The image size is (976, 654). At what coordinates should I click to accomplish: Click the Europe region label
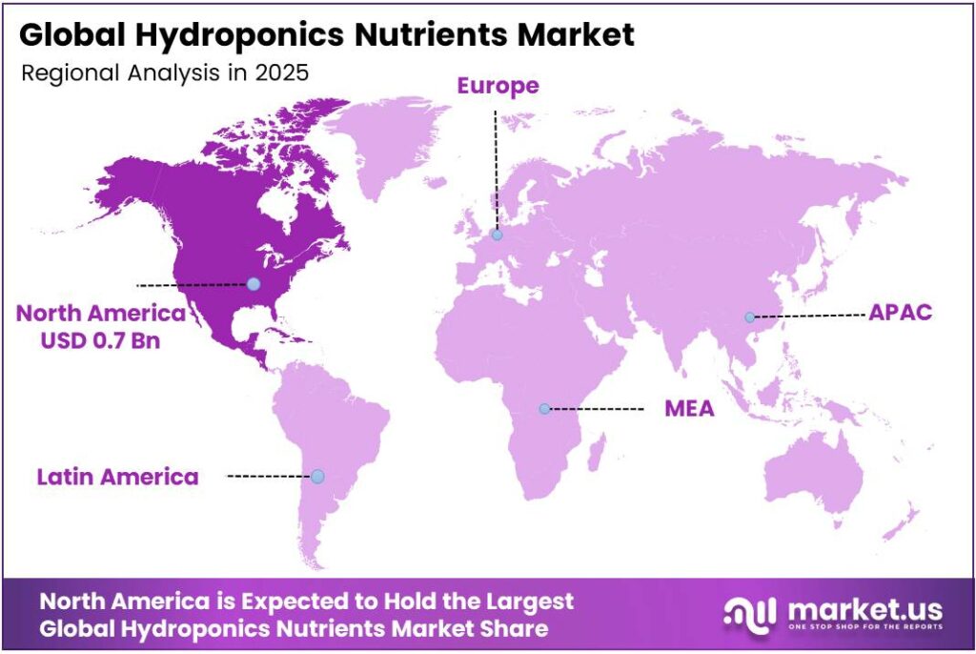point(498,86)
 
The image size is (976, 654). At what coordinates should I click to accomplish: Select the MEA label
point(690,409)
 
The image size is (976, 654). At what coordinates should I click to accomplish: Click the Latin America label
point(118,476)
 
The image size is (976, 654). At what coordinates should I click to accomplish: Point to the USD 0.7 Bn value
point(99,338)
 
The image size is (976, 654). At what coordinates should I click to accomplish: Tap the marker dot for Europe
point(497,235)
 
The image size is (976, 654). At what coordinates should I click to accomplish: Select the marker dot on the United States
point(253,283)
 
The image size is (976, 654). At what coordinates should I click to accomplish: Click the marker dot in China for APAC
point(750,317)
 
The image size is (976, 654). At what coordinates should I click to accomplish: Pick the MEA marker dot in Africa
point(544,409)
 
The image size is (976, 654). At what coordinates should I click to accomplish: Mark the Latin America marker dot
point(317,476)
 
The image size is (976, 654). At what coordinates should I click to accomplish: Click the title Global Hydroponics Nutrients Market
point(326,36)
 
